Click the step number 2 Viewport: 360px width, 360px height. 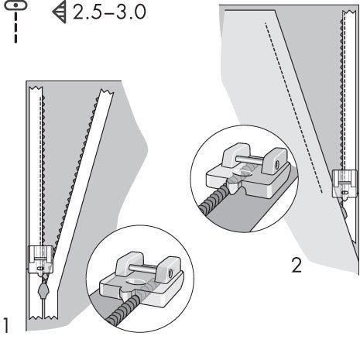click(x=295, y=266)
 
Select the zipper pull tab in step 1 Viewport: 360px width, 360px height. click(x=42, y=291)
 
